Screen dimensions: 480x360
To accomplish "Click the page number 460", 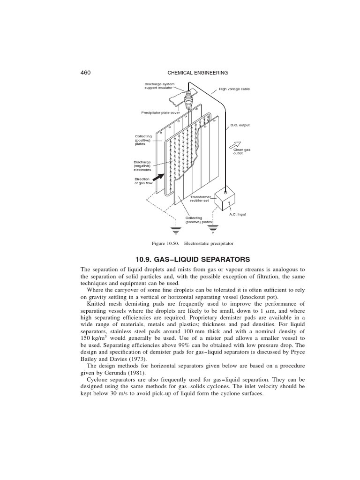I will point(86,73).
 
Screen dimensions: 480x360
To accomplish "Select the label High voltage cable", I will point(234,89).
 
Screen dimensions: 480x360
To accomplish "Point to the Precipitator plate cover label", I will point(160,112).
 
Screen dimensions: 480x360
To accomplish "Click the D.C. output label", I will point(240,125).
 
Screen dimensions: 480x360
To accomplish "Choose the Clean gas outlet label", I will point(242,151).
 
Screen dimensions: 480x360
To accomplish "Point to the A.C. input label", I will point(238,214).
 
